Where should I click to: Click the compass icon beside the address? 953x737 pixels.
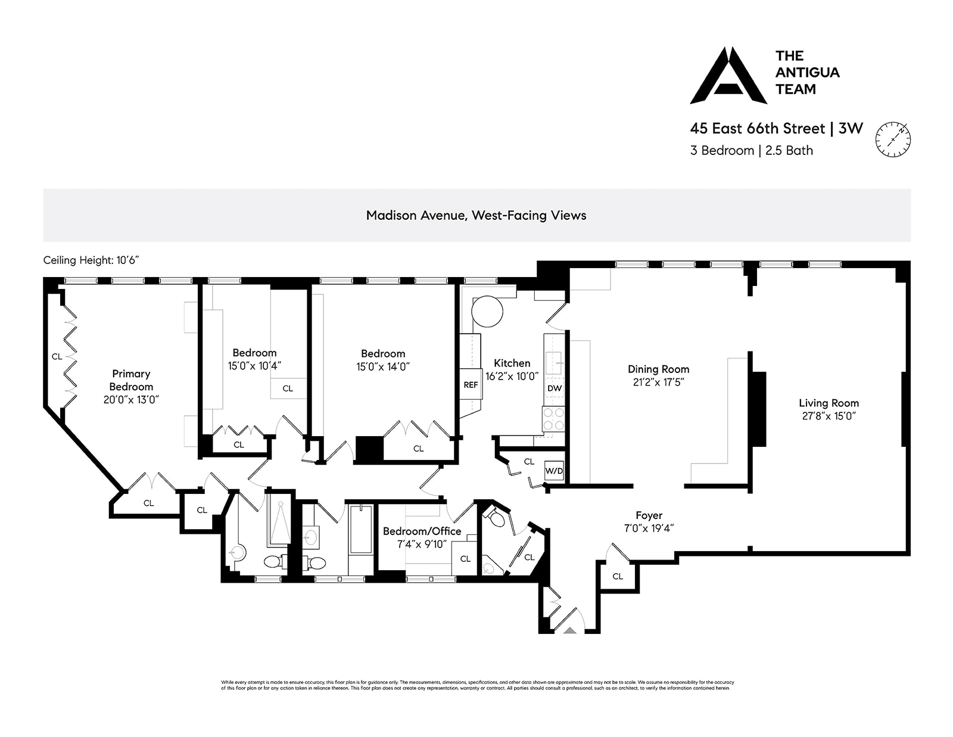pyautogui.click(x=892, y=139)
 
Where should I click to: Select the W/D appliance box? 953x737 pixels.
pyautogui.click(x=554, y=471)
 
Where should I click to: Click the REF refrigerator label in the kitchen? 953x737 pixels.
pyautogui.click(x=471, y=385)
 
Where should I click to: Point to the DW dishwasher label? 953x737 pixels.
pyautogui.click(x=555, y=388)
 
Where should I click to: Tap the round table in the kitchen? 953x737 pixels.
pyautogui.click(x=488, y=311)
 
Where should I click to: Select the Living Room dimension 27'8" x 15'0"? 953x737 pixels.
pyautogui.click(x=829, y=416)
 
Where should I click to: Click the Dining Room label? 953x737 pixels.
pyautogui.click(x=658, y=369)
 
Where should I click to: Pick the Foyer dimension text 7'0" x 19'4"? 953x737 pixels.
pyautogui.click(x=649, y=528)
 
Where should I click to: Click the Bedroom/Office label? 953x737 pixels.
pyautogui.click(x=422, y=531)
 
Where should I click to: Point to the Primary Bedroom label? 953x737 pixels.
pyautogui.click(x=131, y=380)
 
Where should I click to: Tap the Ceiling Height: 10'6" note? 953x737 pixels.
pyautogui.click(x=91, y=260)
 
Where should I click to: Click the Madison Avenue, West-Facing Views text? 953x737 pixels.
pyautogui.click(x=476, y=216)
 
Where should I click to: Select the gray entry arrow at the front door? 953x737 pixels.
pyautogui.click(x=570, y=629)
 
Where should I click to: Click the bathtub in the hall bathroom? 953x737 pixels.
pyautogui.click(x=361, y=530)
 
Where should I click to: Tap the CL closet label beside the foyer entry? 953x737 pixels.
pyautogui.click(x=618, y=576)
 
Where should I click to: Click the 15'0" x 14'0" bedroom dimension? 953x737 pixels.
pyautogui.click(x=383, y=367)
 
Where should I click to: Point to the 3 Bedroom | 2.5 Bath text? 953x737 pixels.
pyautogui.click(x=751, y=151)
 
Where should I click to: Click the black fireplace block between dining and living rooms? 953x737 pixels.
pyautogui.click(x=758, y=409)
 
